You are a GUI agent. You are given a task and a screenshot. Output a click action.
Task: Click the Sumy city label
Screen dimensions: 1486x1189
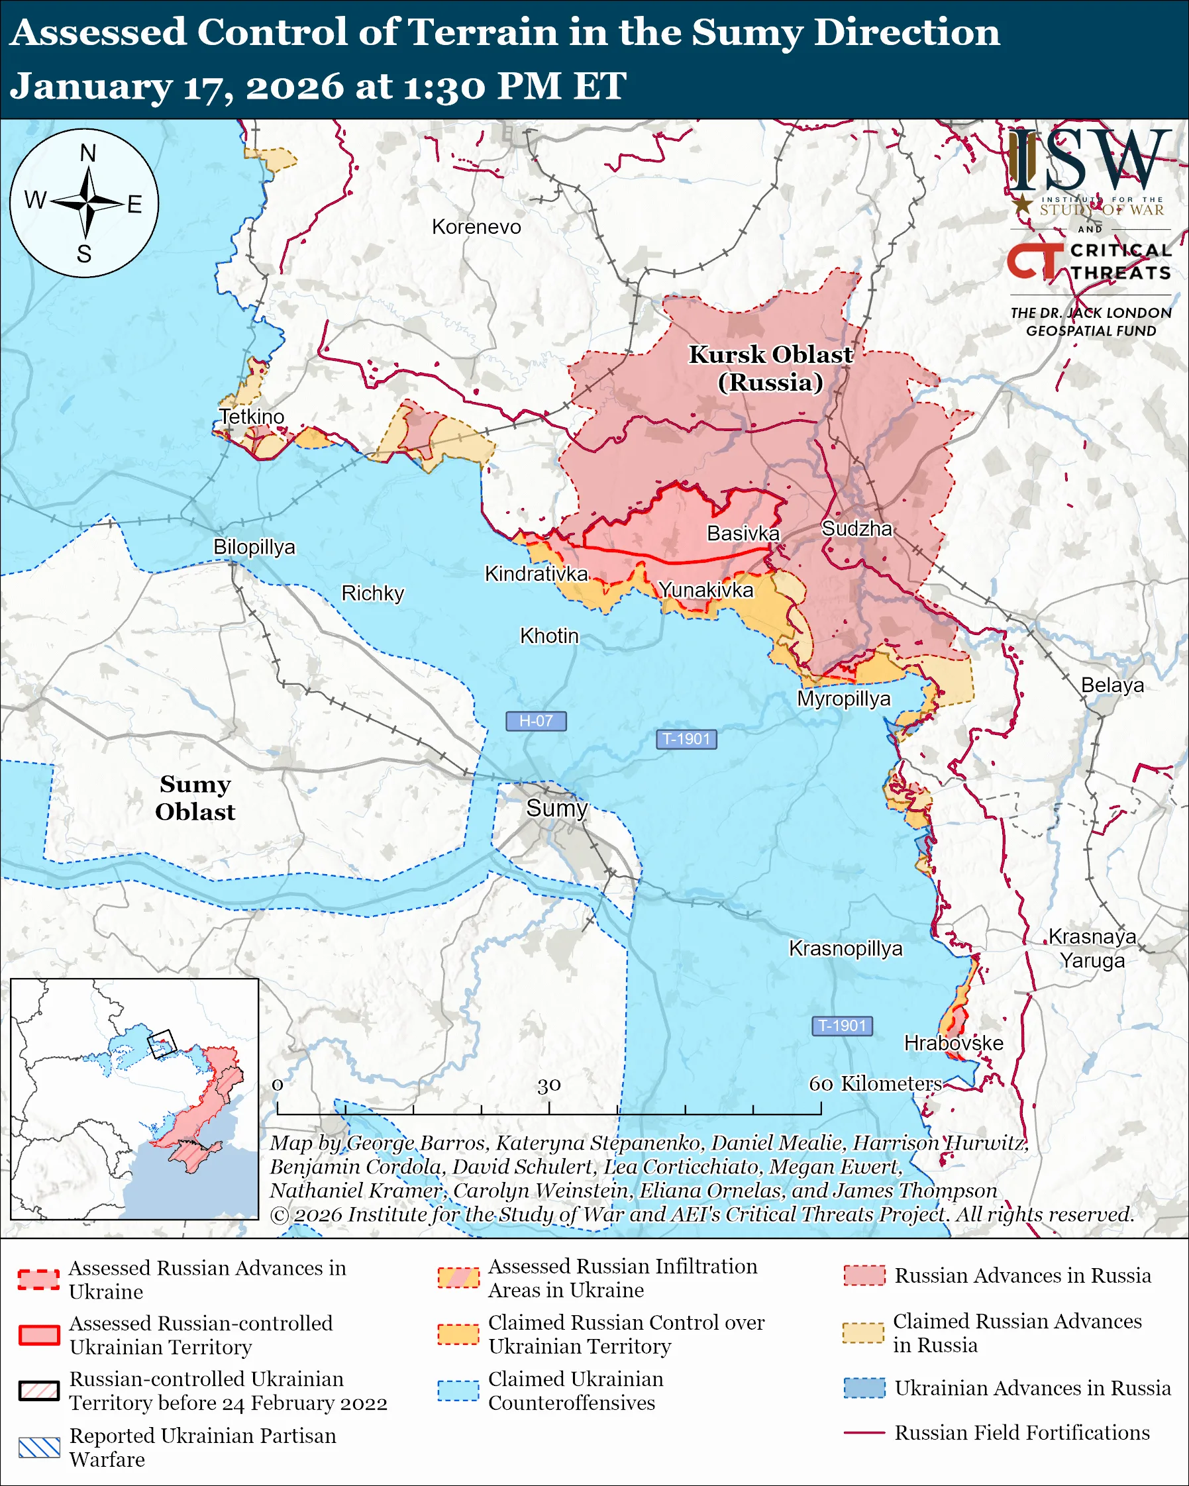(x=556, y=808)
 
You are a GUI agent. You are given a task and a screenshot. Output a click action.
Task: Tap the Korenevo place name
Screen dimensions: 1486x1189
(x=476, y=226)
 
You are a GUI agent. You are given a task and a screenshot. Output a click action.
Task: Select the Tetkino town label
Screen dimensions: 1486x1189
(x=252, y=417)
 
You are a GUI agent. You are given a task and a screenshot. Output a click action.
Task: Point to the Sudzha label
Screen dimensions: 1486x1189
(x=856, y=528)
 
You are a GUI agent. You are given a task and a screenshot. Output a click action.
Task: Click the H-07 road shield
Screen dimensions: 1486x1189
(x=536, y=721)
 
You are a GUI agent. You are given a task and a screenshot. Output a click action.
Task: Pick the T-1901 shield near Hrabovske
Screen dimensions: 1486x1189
(x=843, y=1026)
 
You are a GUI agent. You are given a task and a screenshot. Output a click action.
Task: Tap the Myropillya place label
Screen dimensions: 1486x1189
(x=844, y=698)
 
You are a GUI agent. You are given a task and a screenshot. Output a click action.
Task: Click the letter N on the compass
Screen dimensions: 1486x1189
(x=87, y=153)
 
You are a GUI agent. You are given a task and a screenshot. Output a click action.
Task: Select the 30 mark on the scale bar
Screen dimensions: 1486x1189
(x=548, y=1085)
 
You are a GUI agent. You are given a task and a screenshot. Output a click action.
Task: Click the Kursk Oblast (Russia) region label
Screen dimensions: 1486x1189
(x=770, y=368)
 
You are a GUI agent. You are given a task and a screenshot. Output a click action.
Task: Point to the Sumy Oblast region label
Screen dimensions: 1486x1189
(x=195, y=797)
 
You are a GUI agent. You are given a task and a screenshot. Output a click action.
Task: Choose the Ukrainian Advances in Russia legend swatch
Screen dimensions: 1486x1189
(x=864, y=1387)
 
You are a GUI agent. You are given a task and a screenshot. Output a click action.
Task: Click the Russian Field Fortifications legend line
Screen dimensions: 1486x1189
(x=864, y=1432)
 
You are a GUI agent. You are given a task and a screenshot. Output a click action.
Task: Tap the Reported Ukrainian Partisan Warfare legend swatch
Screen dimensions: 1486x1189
(x=39, y=1448)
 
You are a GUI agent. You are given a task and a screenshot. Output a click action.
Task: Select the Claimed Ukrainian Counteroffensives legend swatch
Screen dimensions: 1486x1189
(x=458, y=1391)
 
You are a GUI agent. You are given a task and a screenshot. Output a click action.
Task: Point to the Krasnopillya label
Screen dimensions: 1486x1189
(x=845, y=948)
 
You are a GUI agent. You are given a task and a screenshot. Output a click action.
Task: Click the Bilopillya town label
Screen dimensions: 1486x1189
(x=254, y=546)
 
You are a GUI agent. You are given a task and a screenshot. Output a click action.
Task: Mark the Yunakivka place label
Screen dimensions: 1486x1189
(x=706, y=590)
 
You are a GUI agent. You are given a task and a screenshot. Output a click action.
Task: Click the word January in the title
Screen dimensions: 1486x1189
(x=90, y=87)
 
